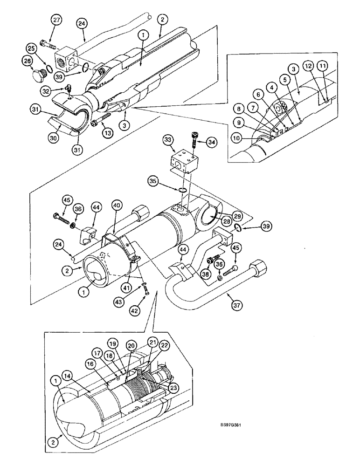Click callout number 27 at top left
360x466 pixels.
[56, 20]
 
